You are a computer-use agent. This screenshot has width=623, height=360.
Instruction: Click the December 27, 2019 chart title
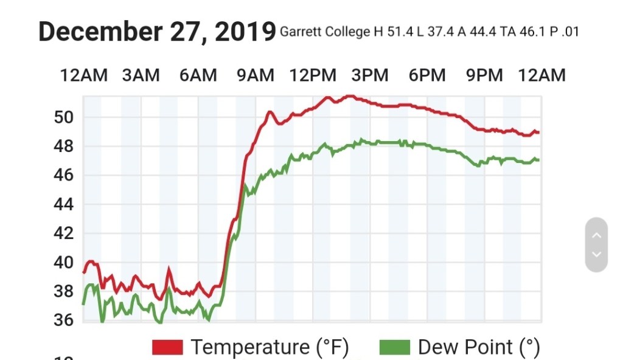click(157, 32)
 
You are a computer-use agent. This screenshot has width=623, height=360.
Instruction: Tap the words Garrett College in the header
click(324, 32)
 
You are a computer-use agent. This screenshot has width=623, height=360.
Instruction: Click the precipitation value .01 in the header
click(571, 32)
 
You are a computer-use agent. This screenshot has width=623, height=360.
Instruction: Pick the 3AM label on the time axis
click(141, 75)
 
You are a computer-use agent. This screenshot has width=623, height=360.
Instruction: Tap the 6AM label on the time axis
click(198, 75)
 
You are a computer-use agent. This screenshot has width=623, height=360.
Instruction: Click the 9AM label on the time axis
click(255, 75)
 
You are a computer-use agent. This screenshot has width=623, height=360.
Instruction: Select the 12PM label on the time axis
click(313, 75)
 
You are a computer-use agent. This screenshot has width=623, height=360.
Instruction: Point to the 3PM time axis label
click(370, 75)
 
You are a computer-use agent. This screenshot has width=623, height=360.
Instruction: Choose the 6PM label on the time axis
click(427, 75)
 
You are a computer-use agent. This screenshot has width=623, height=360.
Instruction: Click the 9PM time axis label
click(484, 75)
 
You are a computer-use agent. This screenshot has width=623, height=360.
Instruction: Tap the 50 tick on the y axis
click(64, 117)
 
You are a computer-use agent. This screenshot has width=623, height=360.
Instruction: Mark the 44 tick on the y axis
click(64, 204)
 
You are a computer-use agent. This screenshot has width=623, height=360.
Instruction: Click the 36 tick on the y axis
click(64, 320)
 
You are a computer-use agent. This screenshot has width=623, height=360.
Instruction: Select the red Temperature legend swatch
click(167, 347)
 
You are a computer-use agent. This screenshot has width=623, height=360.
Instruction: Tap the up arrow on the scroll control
click(596, 235)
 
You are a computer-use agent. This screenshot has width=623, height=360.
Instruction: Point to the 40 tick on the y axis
click(64, 263)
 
